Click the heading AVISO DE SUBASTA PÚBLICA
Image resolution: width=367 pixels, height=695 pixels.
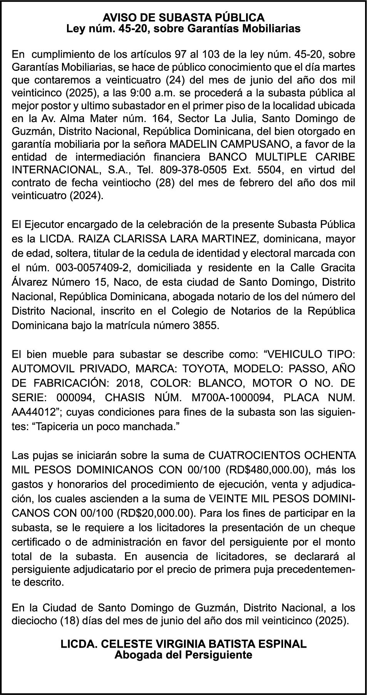pos(183,18)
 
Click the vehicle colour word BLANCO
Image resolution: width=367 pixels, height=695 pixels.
pos(207,383)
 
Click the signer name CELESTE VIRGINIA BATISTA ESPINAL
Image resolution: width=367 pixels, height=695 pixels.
pos(184,644)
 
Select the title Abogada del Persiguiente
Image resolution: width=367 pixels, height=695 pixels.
pos(183,655)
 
